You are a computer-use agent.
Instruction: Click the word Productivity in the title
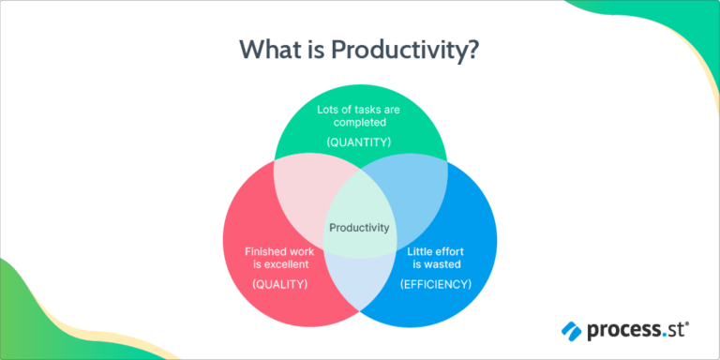tap(410, 50)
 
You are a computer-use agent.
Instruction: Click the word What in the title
tap(270, 50)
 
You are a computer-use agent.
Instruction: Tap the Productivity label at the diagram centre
tap(359, 226)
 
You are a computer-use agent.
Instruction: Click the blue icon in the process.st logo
tap(571, 330)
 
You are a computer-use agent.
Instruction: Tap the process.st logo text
tap(637, 330)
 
